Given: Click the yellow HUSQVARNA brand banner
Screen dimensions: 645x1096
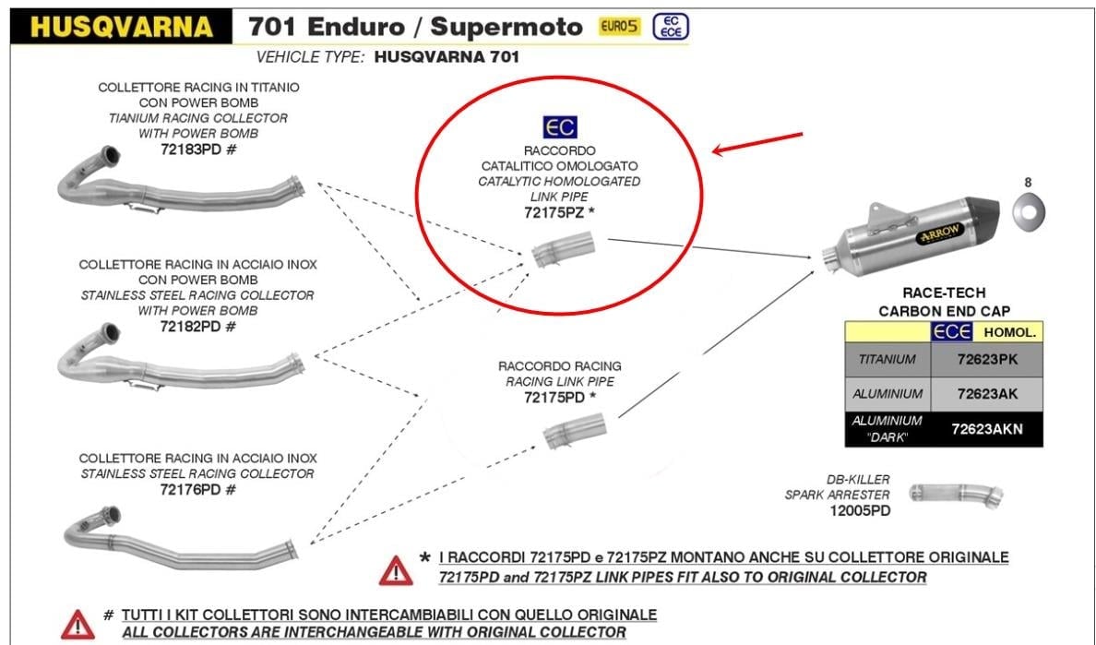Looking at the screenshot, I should point(120,25).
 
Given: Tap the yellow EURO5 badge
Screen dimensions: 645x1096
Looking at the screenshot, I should point(620,28).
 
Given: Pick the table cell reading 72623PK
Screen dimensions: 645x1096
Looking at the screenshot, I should point(986,359).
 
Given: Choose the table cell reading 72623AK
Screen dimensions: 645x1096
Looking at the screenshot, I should point(986,394).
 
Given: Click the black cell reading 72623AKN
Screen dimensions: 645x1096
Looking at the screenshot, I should point(986,429).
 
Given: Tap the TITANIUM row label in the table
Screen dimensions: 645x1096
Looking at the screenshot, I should point(887,359).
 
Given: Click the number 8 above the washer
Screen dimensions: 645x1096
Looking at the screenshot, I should point(1027,182).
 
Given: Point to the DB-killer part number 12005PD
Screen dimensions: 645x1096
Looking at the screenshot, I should point(859,510).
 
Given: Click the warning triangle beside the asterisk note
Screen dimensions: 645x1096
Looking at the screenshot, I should point(395,569).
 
